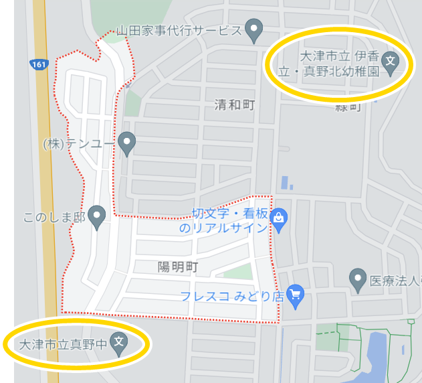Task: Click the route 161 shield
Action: coord(39,64)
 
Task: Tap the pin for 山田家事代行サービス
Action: coord(253,29)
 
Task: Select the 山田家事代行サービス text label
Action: coord(179,30)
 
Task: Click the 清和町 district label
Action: coord(235,104)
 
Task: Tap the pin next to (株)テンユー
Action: coord(126,142)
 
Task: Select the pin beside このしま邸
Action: coord(98,216)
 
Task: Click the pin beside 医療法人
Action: coord(358,279)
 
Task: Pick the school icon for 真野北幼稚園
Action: coord(393,62)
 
